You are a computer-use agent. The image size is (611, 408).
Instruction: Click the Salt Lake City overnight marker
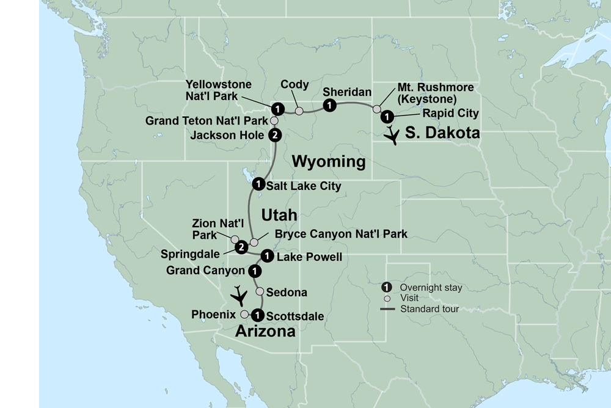[258, 183]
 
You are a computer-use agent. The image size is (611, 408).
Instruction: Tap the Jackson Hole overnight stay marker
[275, 134]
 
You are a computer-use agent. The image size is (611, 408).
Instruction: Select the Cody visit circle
[299, 111]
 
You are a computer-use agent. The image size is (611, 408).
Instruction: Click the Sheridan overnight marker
[330, 106]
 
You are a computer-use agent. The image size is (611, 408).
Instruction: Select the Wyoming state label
[329, 162]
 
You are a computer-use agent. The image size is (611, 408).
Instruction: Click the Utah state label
[279, 215]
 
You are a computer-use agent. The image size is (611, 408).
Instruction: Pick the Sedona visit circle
[260, 291]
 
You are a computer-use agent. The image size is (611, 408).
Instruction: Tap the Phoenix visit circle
[244, 314]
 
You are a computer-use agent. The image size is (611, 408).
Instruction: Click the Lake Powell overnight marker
[266, 255]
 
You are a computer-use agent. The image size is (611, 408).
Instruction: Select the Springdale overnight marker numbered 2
[241, 247]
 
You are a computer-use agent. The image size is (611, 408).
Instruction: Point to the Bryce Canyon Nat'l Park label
[341, 234]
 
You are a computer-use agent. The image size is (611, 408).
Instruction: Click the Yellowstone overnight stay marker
[278, 109]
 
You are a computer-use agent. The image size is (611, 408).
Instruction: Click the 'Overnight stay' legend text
[431, 287]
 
